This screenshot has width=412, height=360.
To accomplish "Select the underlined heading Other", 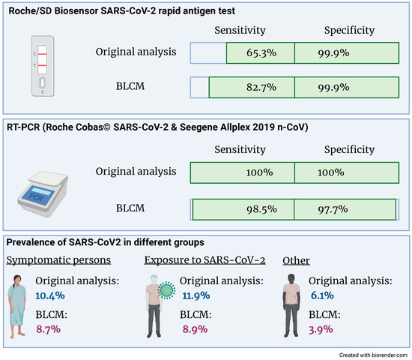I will pos(297,259).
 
